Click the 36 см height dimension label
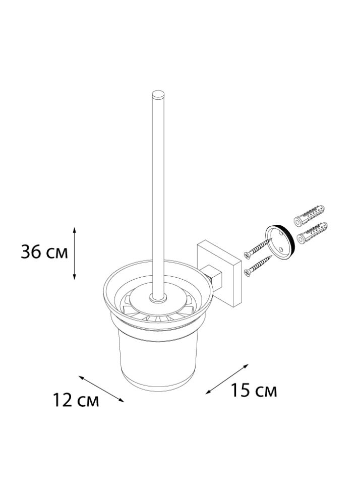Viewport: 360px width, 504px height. tap(44, 253)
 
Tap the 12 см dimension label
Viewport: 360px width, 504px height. tap(76, 401)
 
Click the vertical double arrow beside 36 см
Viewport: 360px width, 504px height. tap(75, 253)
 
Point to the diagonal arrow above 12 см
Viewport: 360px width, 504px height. tap(101, 388)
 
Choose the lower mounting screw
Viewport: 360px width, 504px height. tap(259, 266)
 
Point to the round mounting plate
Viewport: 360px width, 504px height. tap(279, 240)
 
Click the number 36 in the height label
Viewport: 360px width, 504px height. tap(32, 253)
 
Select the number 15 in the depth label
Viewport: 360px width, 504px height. tap(241, 390)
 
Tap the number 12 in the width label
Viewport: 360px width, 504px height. tap(63, 401)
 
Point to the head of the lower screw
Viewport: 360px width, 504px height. tap(247, 272)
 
